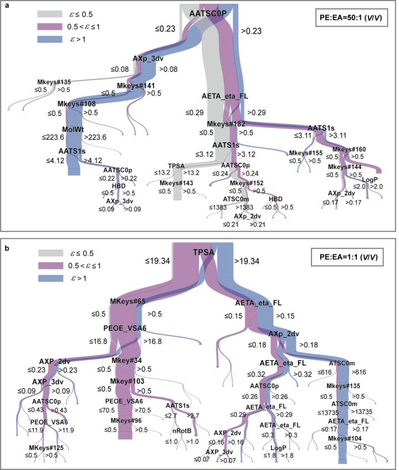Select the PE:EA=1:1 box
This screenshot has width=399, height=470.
(x=350, y=257)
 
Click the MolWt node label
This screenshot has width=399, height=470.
(x=73, y=129)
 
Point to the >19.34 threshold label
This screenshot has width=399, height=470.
(x=248, y=259)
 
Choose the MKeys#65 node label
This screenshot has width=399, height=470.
(x=127, y=301)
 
